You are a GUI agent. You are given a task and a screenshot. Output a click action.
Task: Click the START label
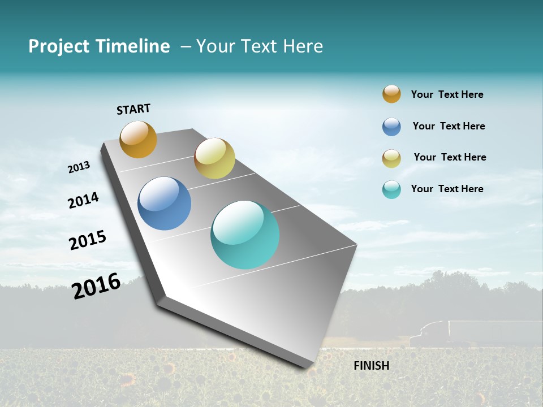tap(133, 109)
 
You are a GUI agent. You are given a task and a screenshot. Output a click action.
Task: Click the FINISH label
tap(371, 366)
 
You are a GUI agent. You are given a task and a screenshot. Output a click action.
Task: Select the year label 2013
tap(79, 167)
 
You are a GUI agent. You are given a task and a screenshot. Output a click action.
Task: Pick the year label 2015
tap(88, 240)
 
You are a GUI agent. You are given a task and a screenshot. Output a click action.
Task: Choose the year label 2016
tap(96, 286)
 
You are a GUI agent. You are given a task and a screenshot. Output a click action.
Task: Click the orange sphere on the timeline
tap(138, 139)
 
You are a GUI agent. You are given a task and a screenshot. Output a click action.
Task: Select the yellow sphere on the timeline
tap(214, 158)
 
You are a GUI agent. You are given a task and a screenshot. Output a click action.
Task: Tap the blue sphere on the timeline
tap(164, 203)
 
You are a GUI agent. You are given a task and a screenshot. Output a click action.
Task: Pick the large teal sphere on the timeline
tap(245, 235)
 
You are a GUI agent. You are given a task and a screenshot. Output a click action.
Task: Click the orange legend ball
tap(391, 94)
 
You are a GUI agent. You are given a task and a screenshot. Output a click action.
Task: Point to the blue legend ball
tap(391, 127)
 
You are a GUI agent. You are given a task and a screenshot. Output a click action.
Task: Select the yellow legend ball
tap(391, 158)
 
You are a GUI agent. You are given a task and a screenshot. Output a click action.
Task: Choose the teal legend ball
tap(391, 189)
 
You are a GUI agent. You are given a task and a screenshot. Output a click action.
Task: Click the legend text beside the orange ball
tap(447, 94)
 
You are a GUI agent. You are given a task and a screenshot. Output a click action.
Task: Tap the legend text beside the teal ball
tap(447, 189)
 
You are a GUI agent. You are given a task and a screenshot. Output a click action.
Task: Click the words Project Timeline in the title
tap(99, 46)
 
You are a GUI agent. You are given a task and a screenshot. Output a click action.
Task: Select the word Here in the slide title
tap(303, 46)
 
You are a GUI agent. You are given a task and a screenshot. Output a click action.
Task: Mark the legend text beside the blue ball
tap(449, 126)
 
